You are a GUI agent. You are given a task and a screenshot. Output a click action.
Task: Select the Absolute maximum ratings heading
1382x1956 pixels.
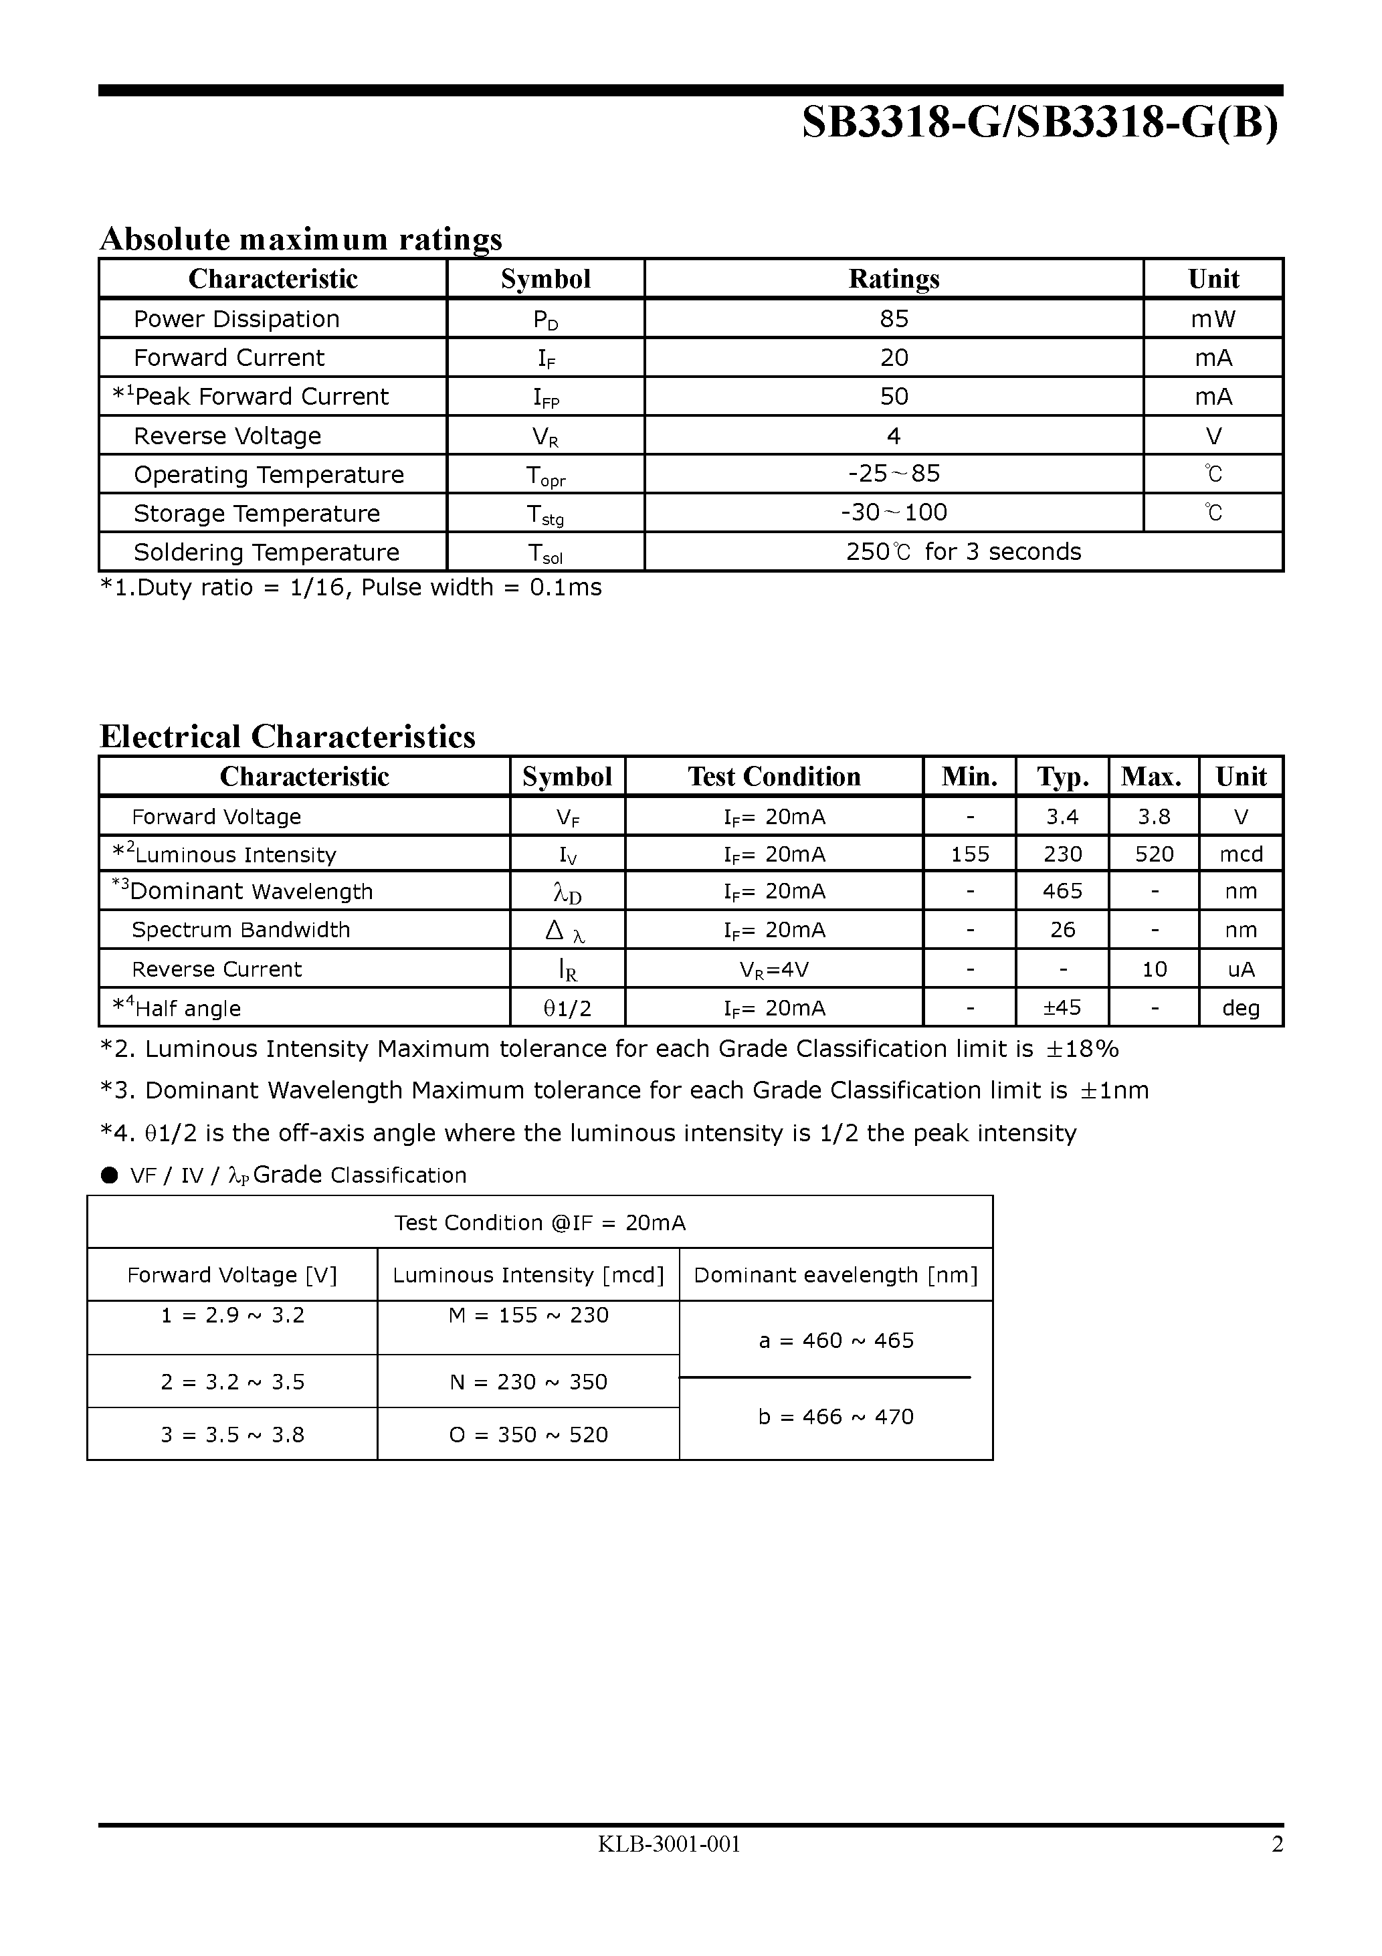point(301,239)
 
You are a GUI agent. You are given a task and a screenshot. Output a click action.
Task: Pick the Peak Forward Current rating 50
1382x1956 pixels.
point(894,396)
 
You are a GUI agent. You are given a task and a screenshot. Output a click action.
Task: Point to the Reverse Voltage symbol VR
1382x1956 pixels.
point(545,437)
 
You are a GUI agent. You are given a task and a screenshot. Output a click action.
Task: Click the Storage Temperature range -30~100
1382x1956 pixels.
point(894,513)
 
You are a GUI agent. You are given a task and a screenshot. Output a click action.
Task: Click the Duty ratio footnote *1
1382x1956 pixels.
point(351,588)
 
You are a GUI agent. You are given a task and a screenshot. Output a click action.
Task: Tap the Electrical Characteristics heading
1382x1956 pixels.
point(287,736)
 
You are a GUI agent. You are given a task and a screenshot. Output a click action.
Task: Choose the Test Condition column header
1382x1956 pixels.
point(774,776)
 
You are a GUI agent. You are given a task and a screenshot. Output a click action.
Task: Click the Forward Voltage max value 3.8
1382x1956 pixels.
point(1154,817)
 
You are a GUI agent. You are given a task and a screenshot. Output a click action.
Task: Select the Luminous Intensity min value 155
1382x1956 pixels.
point(970,854)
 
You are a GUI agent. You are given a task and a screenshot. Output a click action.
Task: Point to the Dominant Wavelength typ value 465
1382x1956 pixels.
point(1062,891)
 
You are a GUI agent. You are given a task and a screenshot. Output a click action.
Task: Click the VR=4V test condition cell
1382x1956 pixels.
point(774,969)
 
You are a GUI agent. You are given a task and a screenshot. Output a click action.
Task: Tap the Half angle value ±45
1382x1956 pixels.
point(1062,1008)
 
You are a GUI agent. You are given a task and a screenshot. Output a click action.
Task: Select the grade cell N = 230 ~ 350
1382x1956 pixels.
point(528,1382)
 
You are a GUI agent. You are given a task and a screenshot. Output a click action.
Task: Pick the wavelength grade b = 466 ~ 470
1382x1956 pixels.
point(836,1417)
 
